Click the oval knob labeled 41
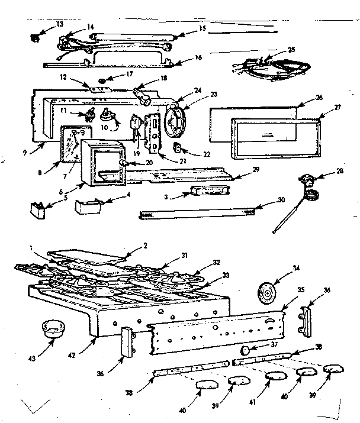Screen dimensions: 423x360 click(275, 376)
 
